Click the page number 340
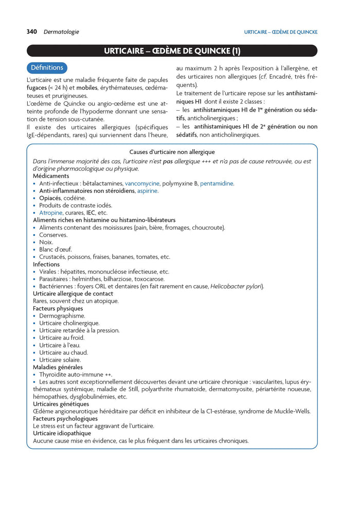[x=32, y=32]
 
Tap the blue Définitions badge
[x=47, y=67]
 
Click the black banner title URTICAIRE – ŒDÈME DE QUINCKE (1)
[x=172, y=51]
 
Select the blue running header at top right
[x=280, y=32]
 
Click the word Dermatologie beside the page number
[x=61, y=32]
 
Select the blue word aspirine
[x=147, y=190]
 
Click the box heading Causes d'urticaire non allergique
[x=172, y=152]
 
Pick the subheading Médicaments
[x=51, y=176]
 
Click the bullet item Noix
[x=46, y=242]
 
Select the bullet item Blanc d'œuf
[x=55, y=250]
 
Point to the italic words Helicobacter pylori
[x=236, y=286]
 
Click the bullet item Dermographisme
[x=62, y=316]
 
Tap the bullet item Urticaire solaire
[x=60, y=360]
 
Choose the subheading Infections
[x=46, y=264]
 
